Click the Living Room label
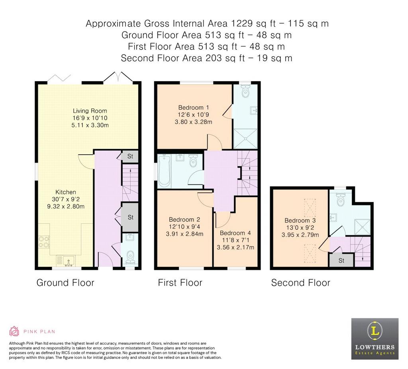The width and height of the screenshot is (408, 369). [90, 111]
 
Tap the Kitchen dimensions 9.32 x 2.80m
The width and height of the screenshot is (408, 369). [66, 207]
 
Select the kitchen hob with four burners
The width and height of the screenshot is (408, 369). [44, 242]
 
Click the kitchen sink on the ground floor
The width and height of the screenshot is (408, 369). [66, 261]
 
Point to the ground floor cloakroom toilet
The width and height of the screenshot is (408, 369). [130, 257]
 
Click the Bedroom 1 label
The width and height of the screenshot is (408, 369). [194, 107]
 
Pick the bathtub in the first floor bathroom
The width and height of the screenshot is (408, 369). [164, 171]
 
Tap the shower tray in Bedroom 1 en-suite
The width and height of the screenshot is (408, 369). [245, 138]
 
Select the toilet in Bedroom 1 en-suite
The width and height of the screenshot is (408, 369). [245, 91]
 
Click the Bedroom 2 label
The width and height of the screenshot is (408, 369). [184, 219]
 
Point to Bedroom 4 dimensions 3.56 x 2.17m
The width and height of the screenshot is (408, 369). [235, 247]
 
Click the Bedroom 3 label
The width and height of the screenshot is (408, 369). [300, 221]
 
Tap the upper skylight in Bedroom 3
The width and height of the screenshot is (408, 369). [310, 208]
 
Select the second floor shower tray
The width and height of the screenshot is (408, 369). [362, 227]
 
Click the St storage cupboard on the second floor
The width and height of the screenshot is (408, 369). [341, 260]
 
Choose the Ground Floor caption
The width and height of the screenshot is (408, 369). [65, 283]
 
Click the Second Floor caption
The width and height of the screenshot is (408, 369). [300, 283]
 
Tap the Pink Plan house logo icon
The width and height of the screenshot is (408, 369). [14, 331]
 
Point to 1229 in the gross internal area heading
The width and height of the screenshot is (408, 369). [242, 23]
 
